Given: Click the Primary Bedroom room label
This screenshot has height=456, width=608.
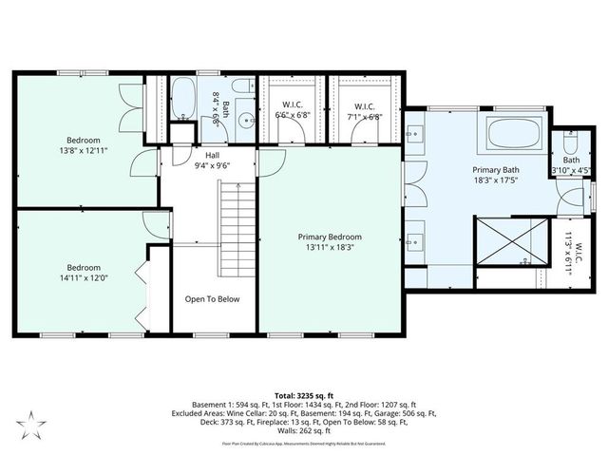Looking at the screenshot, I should [330, 237].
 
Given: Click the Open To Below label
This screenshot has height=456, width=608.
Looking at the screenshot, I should [212, 298].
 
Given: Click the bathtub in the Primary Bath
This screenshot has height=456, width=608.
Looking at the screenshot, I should [516, 132].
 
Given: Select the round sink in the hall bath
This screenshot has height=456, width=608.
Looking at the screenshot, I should [245, 121].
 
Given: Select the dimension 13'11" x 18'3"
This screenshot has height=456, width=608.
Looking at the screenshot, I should [330, 248].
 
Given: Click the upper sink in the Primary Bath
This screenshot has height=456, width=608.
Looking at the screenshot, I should [417, 132].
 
